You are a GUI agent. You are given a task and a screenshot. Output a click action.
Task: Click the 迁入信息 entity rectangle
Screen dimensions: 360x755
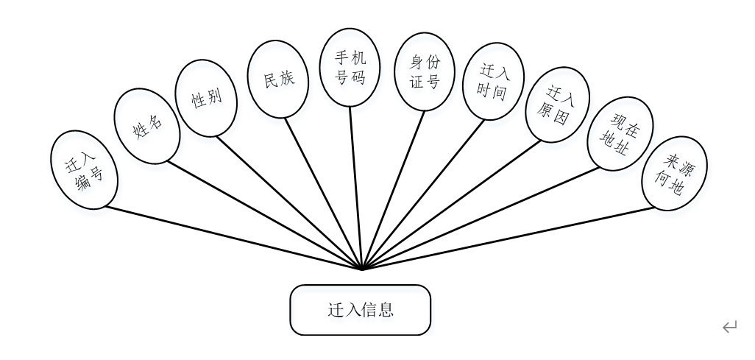(360, 310)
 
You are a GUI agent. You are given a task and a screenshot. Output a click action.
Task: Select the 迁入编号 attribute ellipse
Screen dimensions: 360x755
(84, 169)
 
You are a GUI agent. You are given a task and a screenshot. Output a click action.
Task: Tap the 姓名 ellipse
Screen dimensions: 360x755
(147, 126)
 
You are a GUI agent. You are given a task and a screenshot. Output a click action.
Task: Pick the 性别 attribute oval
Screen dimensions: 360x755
(206, 98)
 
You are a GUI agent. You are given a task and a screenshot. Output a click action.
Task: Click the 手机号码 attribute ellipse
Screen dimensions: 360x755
(350, 67)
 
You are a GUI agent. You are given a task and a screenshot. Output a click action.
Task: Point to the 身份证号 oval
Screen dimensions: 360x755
(424, 71)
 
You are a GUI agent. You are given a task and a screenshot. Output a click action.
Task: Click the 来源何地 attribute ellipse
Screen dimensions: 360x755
(674, 173)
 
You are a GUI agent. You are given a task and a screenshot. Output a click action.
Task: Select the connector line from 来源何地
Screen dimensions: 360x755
(508, 239)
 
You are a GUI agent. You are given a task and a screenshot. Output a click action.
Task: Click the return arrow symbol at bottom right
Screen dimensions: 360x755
(729, 327)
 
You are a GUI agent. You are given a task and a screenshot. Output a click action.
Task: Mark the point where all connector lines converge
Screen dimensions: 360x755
(362, 269)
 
